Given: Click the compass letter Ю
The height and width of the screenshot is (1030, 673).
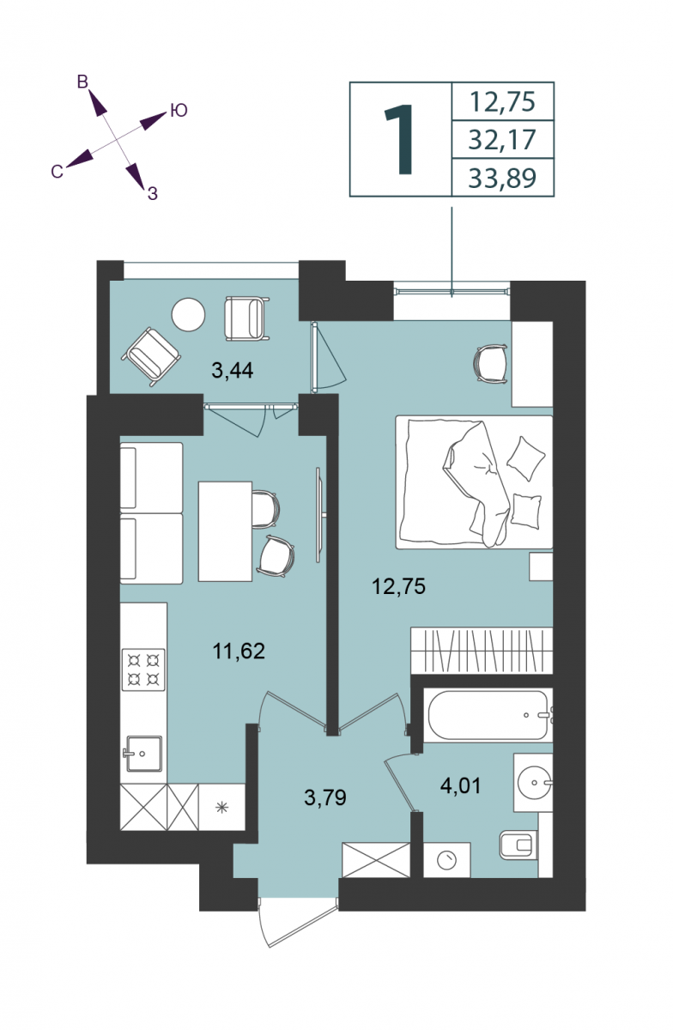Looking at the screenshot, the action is (179, 111).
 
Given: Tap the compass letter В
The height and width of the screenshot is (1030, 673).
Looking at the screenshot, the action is (82, 82).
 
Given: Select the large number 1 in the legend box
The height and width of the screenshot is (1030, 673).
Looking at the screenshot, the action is (399, 139).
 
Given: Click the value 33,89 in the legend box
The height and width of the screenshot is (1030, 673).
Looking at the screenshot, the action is (502, 179).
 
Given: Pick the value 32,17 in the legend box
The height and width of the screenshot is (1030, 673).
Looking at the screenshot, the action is (502, 139).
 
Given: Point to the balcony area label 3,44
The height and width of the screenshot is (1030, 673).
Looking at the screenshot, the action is (233, 370).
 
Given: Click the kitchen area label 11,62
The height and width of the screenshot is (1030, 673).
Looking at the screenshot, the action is (239, 651).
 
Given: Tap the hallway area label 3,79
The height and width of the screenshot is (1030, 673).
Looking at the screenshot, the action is (324, 797).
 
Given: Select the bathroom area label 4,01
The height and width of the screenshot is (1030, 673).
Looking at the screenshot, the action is (460, 786).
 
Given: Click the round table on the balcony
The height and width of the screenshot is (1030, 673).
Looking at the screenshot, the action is (188, 314).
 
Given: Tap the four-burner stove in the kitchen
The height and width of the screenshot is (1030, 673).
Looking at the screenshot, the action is (143, 669).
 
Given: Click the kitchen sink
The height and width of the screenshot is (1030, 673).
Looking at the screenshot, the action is (143, 754).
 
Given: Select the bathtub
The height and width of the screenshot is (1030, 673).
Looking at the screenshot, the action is (488, 714).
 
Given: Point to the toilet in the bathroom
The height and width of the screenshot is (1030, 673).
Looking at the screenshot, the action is (518, 845).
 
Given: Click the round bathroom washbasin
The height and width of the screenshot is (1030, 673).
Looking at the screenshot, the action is (534, 782).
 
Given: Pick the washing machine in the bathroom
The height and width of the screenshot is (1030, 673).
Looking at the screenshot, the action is (446, 860).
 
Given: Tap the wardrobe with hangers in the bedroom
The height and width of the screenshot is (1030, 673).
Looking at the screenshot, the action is (482, 651).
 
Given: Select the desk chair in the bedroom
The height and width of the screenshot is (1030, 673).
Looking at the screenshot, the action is (490, 364).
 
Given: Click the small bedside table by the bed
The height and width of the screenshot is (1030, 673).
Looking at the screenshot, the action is (541, 566).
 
